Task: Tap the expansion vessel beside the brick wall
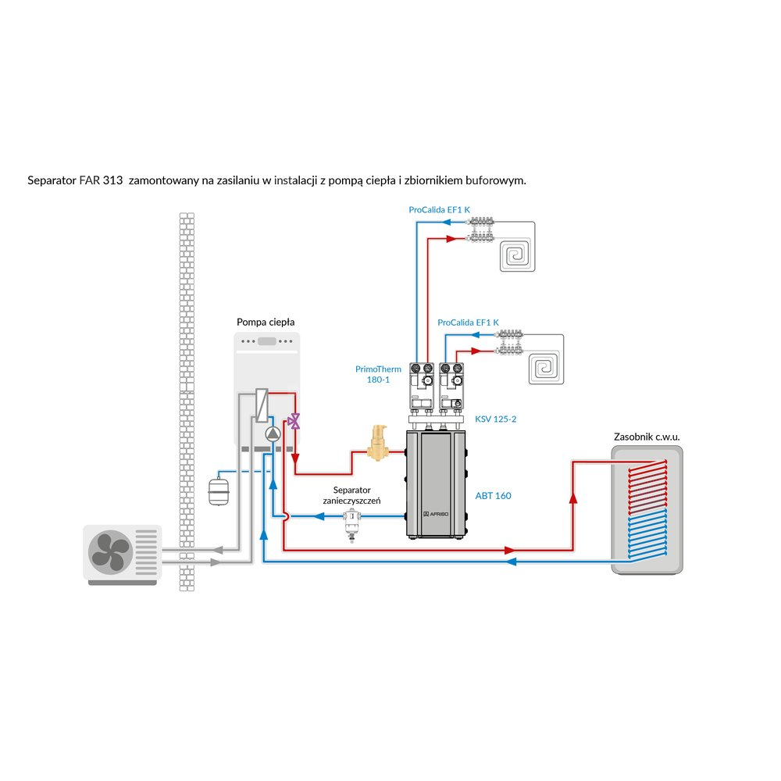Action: [x=216, y=491]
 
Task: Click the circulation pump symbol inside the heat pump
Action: [x=272, y=435]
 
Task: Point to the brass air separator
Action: [x=379, y=442]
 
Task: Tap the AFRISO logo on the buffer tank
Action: [x=434, y=515]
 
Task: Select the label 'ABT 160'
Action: [x=493, y=496]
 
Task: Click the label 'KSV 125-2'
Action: [x=496, y=419]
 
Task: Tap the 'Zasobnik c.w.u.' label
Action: [x=647, y=437]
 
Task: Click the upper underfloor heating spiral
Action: [x=515, y=255]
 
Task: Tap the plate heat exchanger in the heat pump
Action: [x=262, y=406]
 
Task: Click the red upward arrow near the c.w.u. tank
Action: [x=573, y=497]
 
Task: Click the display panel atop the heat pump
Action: [x=267, y=341]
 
